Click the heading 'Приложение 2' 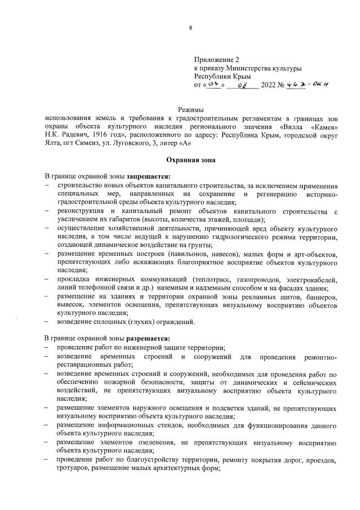[217, 59]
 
